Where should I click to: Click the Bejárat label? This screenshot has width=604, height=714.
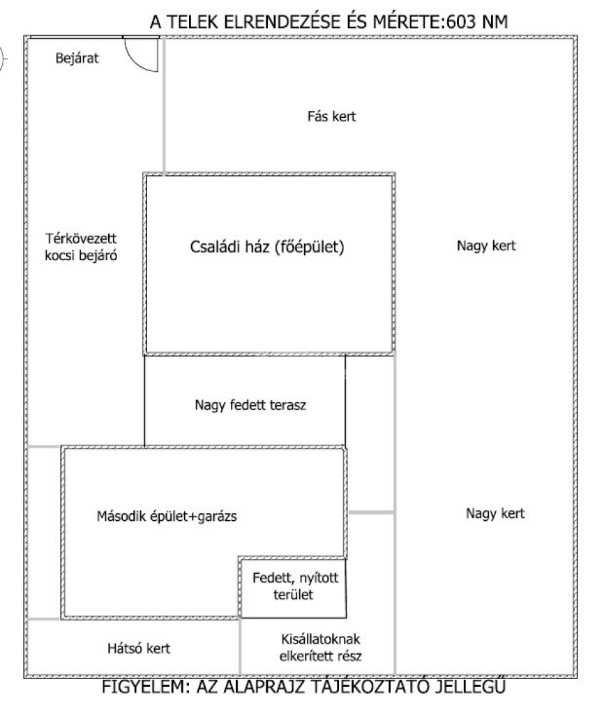(x=77, y=59)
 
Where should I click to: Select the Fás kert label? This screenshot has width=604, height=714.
(x=331, y=116)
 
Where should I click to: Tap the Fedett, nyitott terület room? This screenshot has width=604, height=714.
(x=293, y=587)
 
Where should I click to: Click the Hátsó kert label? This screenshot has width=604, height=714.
(x=140, y=648)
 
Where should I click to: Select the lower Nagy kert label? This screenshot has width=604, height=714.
(x=494, y=514)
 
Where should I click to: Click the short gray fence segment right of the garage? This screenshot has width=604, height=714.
(x=371, y=513)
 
